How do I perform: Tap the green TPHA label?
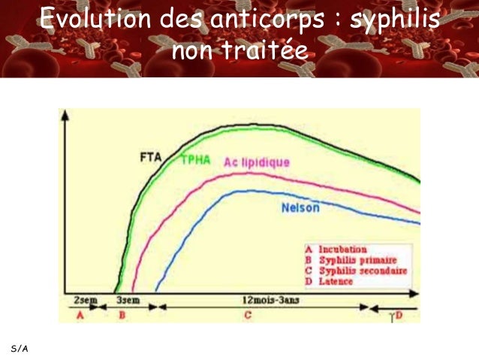(x=197, y=160)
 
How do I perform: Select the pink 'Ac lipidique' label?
(x=256, y=162)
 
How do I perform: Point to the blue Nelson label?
(x=300, y=208)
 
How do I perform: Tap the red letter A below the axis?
(x=80, y=316)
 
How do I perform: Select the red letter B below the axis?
(x=122, y=316)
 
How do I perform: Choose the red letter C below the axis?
(x=247, y=316)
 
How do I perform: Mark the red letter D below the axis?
(x=399, y=316)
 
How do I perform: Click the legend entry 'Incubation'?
(x=342, y=249)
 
